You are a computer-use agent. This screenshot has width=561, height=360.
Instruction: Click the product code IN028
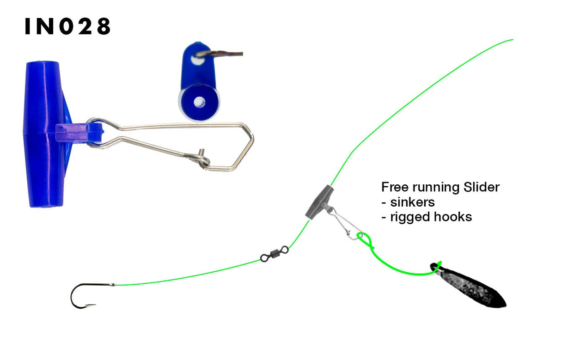click(67, 27)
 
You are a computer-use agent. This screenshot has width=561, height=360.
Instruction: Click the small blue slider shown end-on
click(199, 81)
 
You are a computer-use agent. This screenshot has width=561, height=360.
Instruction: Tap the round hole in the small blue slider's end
click(199, 102)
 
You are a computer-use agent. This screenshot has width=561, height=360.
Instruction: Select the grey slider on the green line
click(318, 201)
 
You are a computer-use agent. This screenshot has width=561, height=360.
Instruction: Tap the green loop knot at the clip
click(365, 239)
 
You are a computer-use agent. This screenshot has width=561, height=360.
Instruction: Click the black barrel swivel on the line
click(274, 254)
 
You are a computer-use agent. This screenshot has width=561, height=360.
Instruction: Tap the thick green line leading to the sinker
click(402, 270)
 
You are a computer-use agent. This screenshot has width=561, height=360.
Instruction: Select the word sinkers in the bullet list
click(412, 202)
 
